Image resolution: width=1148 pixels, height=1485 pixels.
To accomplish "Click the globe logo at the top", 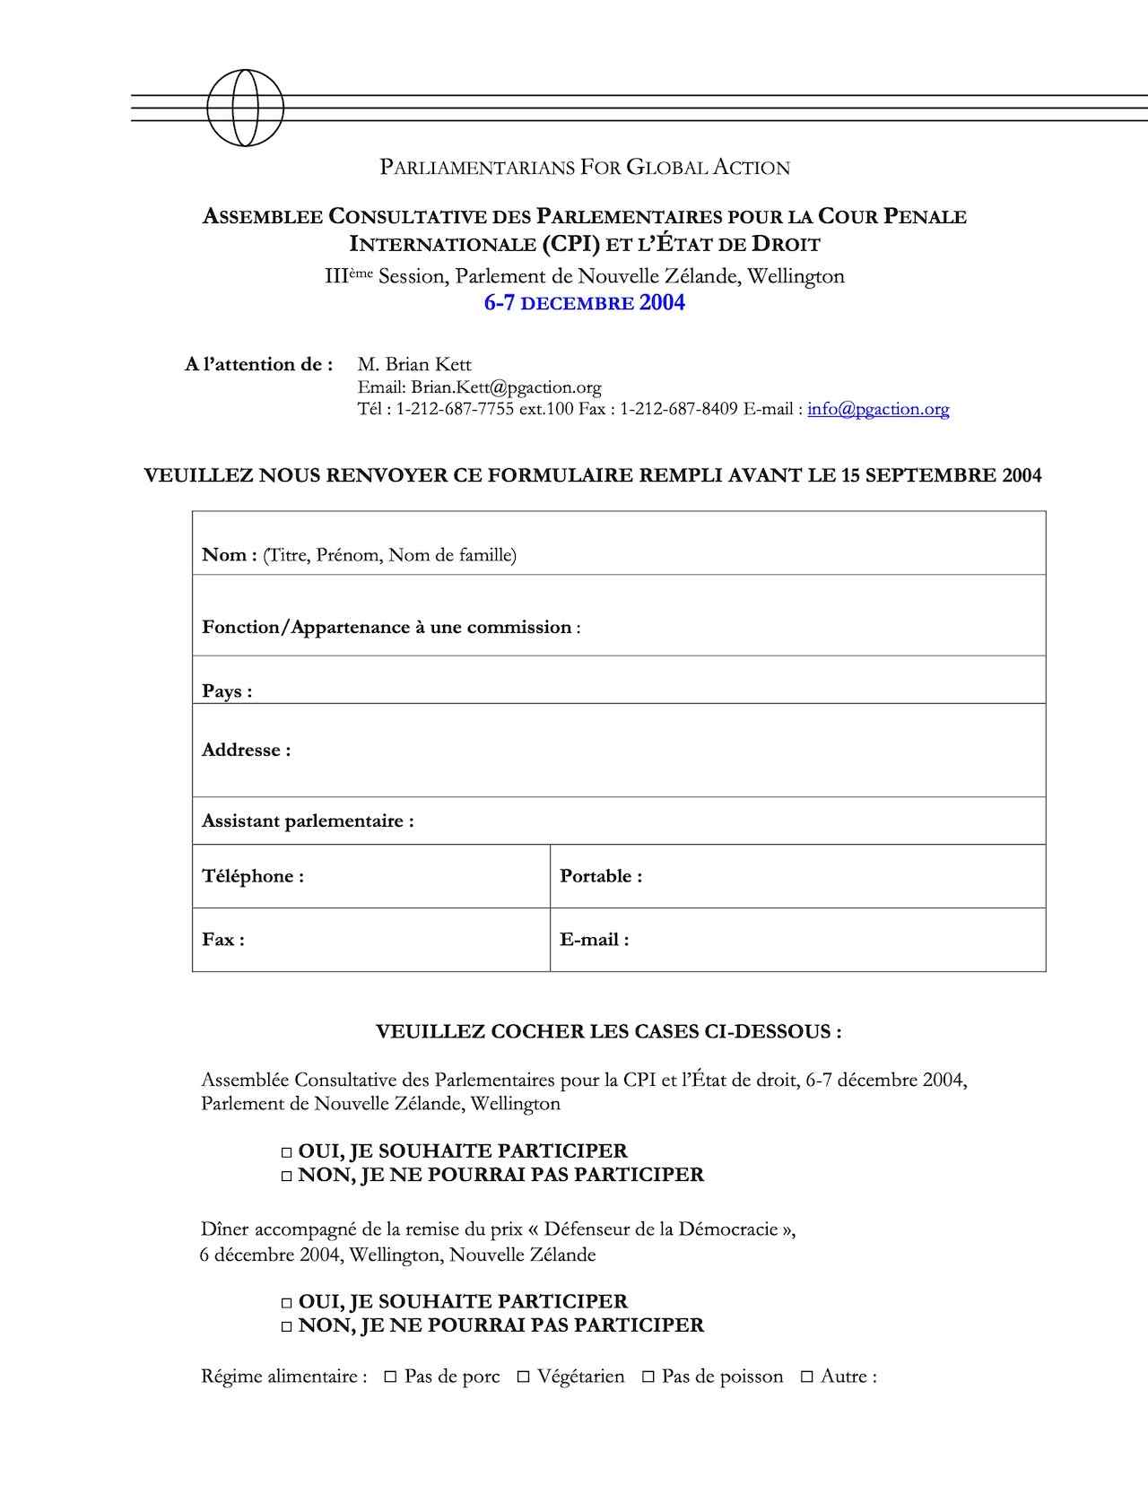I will pos(245,108).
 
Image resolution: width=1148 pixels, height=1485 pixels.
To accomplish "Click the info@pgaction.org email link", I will pos(878,409).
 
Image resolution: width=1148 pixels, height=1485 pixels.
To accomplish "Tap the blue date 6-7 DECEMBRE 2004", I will pos(584,303).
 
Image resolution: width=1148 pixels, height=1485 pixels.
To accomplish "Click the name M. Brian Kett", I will pos(414,364).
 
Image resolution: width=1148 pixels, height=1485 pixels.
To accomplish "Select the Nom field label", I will pos(230,555).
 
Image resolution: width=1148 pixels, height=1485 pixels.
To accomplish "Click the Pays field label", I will pos(227,691).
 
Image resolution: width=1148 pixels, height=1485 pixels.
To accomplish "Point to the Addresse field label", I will pos(246,751).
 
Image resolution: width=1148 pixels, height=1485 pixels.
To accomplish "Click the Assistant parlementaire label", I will pos(308,821).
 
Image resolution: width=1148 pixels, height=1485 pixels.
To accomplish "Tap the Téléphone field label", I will pos(253,876).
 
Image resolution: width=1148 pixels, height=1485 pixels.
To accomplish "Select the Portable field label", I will pos(601,876).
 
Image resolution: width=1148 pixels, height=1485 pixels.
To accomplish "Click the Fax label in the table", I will pos(223,940).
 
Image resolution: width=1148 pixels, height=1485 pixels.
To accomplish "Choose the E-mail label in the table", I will pos(595,940).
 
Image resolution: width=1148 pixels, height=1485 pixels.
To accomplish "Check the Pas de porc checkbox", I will pos(390,1376).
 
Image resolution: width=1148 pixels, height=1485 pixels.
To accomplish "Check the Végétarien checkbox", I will pos(523,1376).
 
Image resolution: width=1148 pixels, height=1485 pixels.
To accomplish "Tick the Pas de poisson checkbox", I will pos(648,1376).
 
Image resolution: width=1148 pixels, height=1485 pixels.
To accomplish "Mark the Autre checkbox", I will pos(806,1376).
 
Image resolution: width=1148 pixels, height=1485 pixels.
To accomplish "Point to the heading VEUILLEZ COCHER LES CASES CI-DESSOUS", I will pos(608,1032).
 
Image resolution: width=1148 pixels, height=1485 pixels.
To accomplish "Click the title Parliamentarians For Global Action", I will pos(585,168).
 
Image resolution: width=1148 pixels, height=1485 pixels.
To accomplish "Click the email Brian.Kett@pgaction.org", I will pos(506,387).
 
